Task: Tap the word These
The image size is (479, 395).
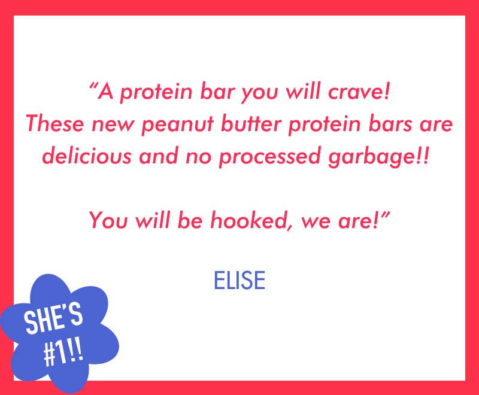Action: tap(55, 123)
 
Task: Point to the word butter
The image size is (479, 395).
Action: tap(251, 123)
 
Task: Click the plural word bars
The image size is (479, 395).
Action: tap(390, 123)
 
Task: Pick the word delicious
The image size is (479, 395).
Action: tap(87, 156)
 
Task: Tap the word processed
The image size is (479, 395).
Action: tap(270, 157)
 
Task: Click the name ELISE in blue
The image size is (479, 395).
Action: tap(239, 280)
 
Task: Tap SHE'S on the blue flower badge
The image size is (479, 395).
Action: tap(54, 318)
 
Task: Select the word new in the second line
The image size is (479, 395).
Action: tap(113, 125)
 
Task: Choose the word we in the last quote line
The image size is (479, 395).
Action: tap(316, 221)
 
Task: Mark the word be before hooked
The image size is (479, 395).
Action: tap(190, 220)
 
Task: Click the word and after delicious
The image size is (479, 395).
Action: tap(159, 156)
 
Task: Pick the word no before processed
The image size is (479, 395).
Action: tap(199, 157)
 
